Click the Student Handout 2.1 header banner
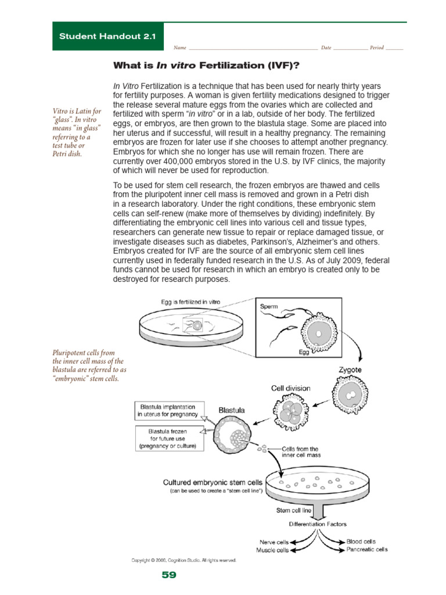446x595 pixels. point(108,37)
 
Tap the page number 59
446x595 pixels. point(169,575)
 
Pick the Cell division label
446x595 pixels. point(290,388)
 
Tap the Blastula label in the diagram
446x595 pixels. point(231,410)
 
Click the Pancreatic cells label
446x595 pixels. point(367,549)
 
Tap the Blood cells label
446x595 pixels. point(361,541)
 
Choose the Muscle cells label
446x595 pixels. point(272,550)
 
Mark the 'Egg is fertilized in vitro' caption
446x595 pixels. point(191,302)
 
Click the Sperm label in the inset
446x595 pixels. point(269,306)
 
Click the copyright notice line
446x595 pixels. point(184,560)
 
